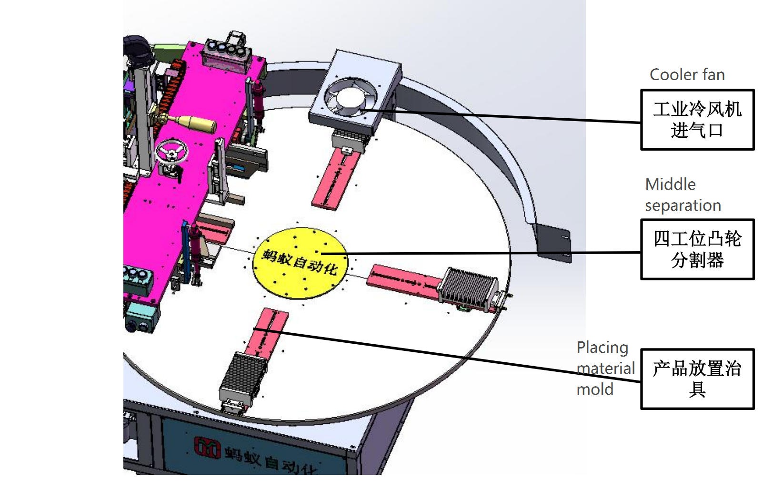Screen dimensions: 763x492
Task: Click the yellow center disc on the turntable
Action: point(300,263)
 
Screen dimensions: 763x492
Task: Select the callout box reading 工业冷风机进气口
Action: point(697,120)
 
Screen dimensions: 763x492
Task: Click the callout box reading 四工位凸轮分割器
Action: point(697,249)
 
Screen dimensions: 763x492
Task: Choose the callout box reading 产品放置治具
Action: point(697,379)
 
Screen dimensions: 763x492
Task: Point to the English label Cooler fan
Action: point(687,75)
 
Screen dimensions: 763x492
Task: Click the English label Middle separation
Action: point(683,195)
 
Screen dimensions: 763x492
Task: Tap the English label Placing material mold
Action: point(606,368)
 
